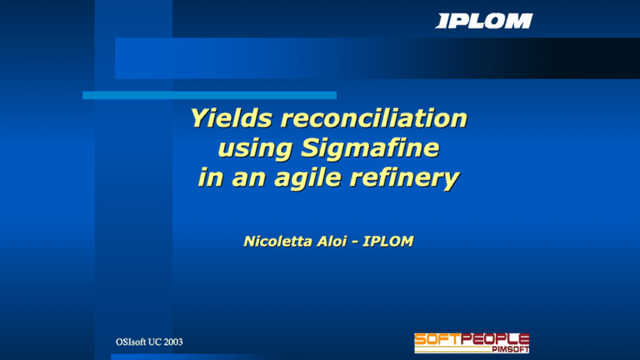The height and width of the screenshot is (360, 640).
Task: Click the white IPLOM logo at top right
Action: click(483, 21)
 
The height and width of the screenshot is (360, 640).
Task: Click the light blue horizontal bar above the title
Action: click(208, 95)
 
